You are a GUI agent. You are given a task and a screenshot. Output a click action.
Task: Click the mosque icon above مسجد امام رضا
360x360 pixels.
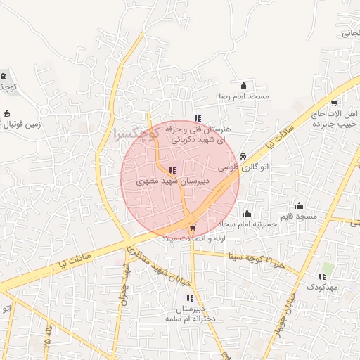coord(244,85)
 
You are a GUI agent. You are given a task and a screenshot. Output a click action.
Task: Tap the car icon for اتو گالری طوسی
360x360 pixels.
coord(243,156)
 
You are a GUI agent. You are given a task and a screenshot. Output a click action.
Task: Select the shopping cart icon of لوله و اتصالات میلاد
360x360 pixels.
coord(193,227)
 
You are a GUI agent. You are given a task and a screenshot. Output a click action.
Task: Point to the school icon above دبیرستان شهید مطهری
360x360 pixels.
coord(172,170)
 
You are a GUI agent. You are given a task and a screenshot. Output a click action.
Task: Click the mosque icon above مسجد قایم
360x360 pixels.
coord(299,205)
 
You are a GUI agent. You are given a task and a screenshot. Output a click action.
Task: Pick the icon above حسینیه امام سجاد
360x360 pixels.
coord(247,213)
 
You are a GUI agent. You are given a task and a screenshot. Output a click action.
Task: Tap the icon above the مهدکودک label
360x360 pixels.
coord(323,276)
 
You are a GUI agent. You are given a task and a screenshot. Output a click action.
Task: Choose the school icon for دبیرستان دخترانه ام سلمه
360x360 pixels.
coord(190,299)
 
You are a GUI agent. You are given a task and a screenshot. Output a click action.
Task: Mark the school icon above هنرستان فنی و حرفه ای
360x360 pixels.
coord(198,119)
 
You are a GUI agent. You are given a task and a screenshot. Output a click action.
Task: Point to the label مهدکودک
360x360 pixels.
coord(321,287)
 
